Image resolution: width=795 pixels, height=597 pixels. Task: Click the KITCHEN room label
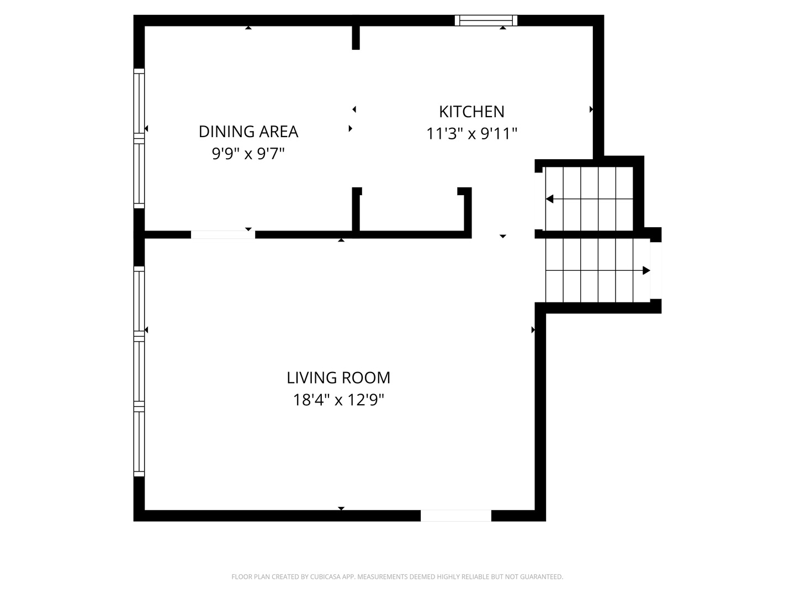(x=471, y=112)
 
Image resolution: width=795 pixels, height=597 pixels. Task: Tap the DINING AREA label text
(x=248, y=132)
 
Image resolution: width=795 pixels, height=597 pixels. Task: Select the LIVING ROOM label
(x=338, y=378)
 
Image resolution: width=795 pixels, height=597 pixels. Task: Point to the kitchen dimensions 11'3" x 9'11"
(x=471, y=133)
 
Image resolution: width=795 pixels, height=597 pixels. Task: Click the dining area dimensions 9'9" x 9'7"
(x=248, y=154)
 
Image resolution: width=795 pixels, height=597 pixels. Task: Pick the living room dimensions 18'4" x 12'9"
(x=338, y=400)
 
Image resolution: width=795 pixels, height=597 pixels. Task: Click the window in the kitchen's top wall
(x=486, y=20)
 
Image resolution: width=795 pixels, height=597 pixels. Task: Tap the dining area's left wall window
(x=139, y=138)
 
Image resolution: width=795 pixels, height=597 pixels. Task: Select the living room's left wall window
(x=139, y=371)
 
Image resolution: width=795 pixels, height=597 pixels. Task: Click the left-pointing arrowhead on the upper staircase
(x=549, y=199)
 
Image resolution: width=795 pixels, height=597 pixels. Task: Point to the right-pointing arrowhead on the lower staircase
(x=646, y=270)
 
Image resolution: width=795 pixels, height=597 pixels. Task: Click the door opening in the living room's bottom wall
(x=455, y=515)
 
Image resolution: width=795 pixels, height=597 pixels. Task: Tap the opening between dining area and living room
(x=222, y=234)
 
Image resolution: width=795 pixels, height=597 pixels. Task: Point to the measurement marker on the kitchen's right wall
(x=591, y=109)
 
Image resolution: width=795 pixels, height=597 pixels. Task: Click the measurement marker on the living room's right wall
(x=533, y=330)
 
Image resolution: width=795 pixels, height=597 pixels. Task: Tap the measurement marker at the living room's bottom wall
(x=341, y=508)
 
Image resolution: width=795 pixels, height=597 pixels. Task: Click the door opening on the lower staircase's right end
(x=656, y=270)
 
